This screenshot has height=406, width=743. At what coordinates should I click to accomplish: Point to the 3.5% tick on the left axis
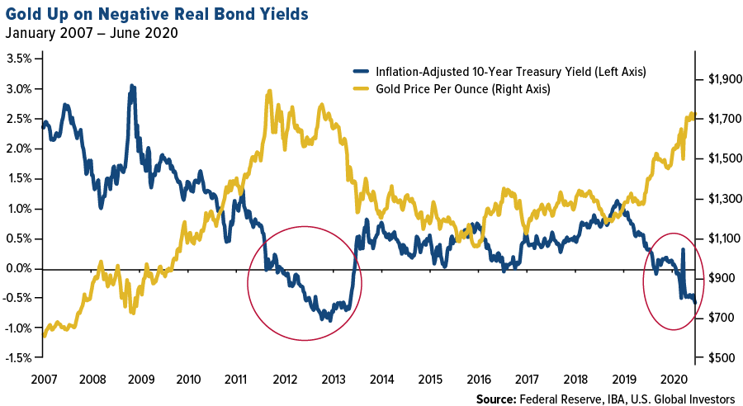click(21, 59)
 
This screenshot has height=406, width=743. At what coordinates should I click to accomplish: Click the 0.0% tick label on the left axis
click(21, 268)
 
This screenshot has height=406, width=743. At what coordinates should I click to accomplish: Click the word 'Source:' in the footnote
click(498, 399)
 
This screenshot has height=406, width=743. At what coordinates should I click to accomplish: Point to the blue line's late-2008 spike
click(131, 86)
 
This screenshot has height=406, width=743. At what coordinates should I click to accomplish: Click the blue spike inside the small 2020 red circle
click(683, 249)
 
